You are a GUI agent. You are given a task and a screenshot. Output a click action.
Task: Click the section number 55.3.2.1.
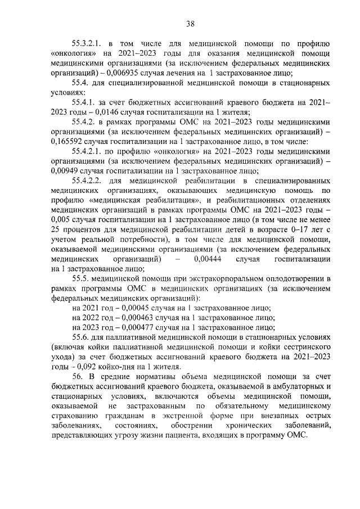coord(87,43)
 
